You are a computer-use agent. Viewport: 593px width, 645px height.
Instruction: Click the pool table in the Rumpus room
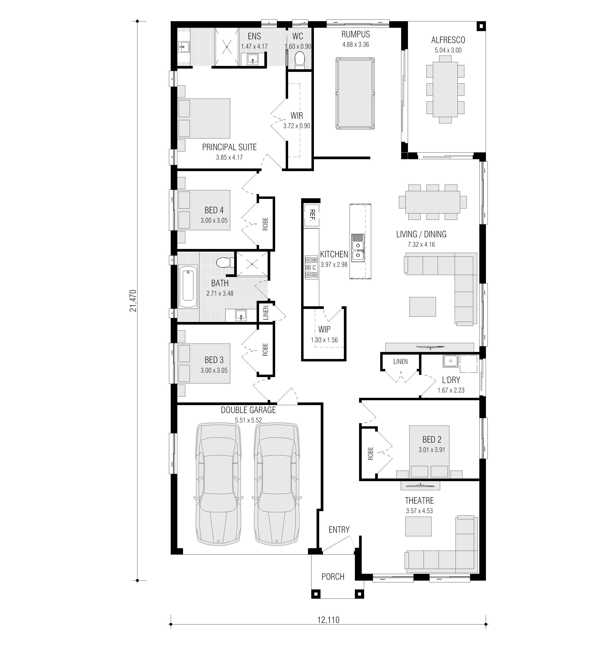tap(355, 93)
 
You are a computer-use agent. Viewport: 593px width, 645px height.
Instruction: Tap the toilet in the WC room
tap(300, 60)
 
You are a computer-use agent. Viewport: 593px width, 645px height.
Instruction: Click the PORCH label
tap(333, 577)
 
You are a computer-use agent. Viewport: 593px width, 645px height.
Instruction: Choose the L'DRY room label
tap(451, 380)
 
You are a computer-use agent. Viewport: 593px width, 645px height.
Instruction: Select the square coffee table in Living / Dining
tap(423, 307)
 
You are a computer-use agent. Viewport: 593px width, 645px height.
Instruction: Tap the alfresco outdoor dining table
tap(445, 90)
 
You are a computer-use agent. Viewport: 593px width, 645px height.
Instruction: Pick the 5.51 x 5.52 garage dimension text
tap(248, 420)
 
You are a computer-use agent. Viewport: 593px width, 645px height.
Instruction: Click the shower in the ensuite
tap(227, 47)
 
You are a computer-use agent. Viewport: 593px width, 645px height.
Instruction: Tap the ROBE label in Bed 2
tap(371, 454)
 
